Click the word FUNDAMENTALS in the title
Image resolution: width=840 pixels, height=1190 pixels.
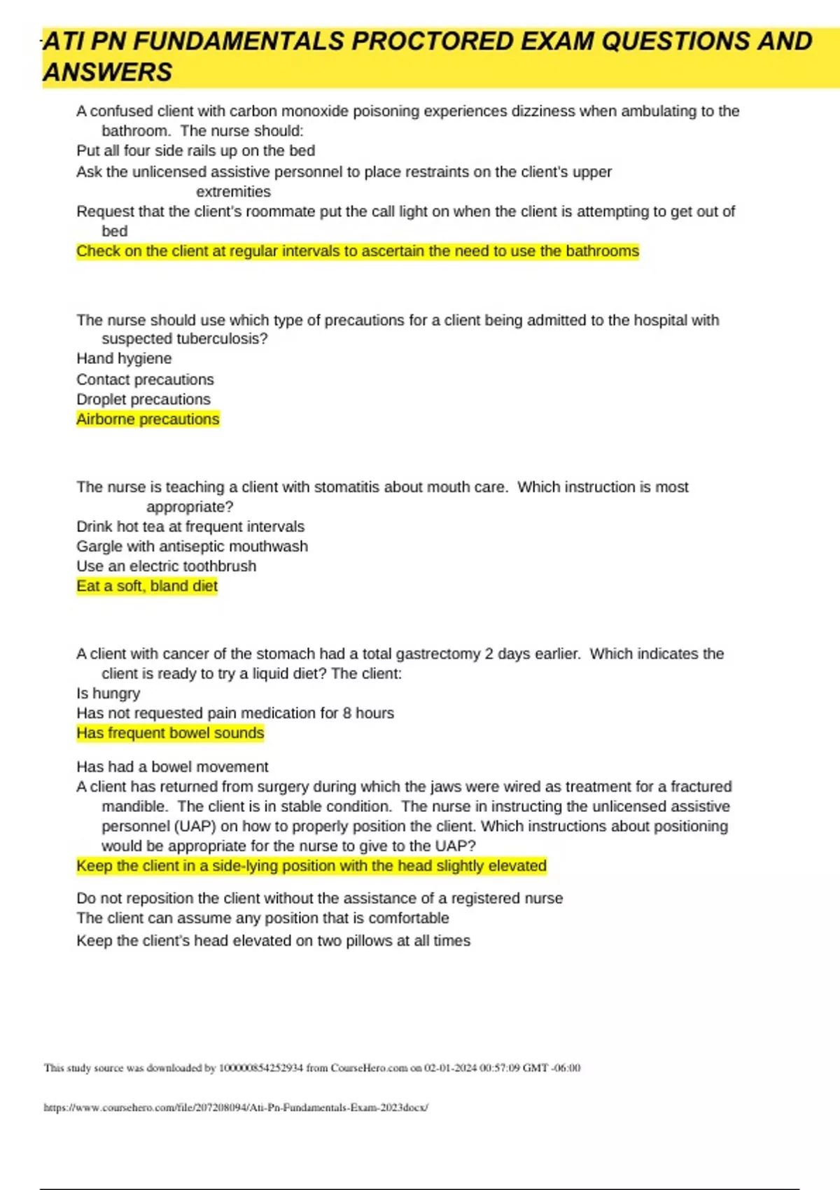pyautogui.click(x=238, y=42)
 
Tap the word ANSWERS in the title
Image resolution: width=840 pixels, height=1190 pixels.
pyautogui.click(x=108, y=73)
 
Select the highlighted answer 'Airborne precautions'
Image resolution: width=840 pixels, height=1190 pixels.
pyautogui.click(x=148, y=419)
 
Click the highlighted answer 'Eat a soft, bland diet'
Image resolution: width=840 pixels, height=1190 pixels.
pyautogui.click(x=147, y=586)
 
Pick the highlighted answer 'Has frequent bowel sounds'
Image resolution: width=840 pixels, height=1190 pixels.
pyautogui.click(x=170, y=733)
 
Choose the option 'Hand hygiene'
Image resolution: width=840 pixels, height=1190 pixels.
pyautogui.click(x=124, y=358)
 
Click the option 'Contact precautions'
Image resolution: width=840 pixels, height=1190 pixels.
pyautogui.click(x=145, y=379)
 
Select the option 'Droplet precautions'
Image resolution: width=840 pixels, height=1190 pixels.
pyautogui.click(x=143, y=399)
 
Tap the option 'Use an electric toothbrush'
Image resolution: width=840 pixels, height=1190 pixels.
pyautogui.click(x=166, y=566)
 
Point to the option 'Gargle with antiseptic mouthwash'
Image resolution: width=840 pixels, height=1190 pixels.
pyautogui.click(x=192, y=546)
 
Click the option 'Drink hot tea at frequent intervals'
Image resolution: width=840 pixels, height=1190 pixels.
pyautogui.click(x=190, y=526)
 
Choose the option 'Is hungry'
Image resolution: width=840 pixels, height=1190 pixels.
pyautogui.click(x=108, y=693)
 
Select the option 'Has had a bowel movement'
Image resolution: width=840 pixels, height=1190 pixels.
pyautogui.click(x=172, y=766)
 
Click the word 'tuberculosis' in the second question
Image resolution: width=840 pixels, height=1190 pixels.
pyautogui.click(x=218, y=339)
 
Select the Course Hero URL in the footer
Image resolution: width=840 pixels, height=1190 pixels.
pyautogui.click(x=236, y=1107)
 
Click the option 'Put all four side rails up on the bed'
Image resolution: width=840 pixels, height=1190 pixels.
pyautogui.click(x=195, y=150)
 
